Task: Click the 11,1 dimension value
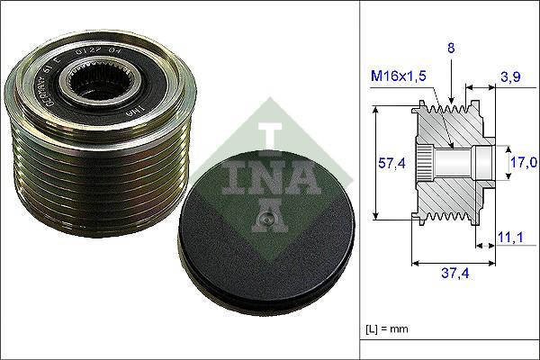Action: (x=508, y=237)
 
